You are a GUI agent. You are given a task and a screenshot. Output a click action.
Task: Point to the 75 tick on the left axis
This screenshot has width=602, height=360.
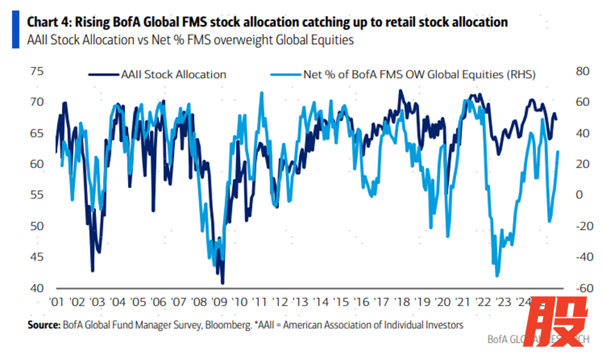(37, 71)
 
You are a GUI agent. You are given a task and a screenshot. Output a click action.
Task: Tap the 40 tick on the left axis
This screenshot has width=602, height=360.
(37, 288)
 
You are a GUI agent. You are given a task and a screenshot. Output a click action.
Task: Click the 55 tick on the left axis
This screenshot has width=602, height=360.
(37, 196)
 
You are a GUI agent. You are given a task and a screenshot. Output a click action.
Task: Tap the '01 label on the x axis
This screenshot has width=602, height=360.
(56, 302)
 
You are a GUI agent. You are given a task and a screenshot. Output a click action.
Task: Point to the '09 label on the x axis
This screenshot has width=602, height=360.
(220, 302)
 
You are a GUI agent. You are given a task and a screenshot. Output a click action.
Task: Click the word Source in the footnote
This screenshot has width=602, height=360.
(43, 325)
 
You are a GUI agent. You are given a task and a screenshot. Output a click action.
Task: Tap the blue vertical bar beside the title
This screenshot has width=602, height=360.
(15, 31)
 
